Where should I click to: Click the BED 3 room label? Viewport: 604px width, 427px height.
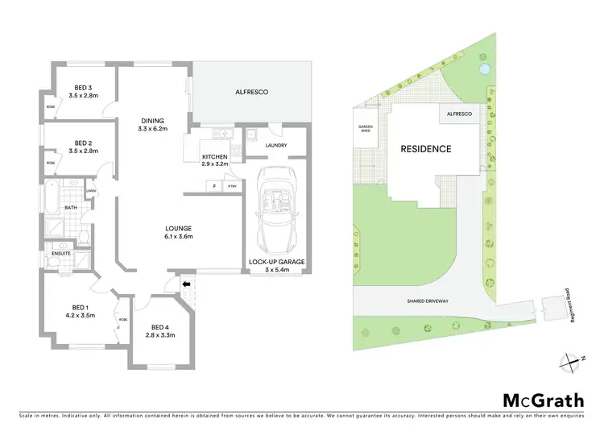click(x=83, y=91)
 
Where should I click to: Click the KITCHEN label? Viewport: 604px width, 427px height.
click(x=215, y=160)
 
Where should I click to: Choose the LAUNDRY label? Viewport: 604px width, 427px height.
click(x=276, y=146)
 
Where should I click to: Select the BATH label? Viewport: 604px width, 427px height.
click(x=70, y=207)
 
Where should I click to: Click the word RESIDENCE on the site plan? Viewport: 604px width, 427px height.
click(x=426, y=149)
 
